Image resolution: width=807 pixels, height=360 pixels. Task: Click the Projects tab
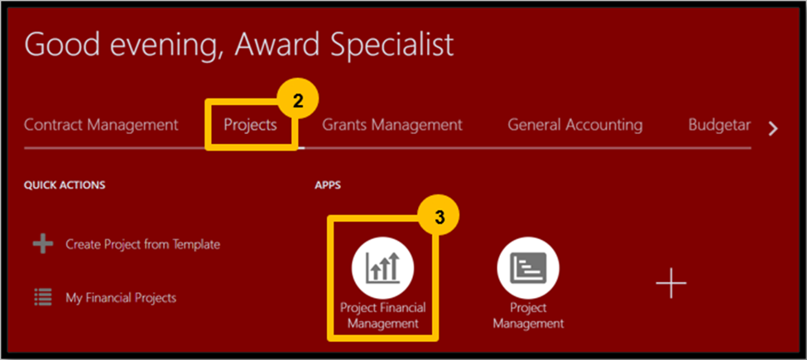[x=250, y=126]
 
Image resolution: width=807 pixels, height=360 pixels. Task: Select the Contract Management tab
[x=101, y=124]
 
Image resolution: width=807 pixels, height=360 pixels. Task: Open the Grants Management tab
[x=392, y=125]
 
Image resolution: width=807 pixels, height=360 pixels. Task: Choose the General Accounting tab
[x=575, y=125]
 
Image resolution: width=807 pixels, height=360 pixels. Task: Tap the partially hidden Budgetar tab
[x=720, y=125]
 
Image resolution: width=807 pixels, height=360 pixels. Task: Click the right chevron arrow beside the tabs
[x=773, y=129]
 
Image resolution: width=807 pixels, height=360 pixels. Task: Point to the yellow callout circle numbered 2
[x=298, y=101]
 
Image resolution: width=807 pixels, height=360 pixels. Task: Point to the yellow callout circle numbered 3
[x=439, y=217]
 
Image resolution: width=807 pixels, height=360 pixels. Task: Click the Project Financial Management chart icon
[x=383, y=268]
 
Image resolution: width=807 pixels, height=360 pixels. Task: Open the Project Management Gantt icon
[x=528, y=268]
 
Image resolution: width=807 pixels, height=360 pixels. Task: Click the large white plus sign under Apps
[x=671, y=282]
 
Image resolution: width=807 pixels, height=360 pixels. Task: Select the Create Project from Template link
[x=142, y=244]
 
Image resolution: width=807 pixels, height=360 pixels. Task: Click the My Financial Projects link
[x=121, y=298]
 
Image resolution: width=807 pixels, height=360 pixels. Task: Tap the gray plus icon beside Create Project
[x=43, y=244]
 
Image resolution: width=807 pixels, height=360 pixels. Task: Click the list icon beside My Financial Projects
[x=43, y=297]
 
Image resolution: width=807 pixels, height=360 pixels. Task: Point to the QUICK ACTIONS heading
[x=65, y=185]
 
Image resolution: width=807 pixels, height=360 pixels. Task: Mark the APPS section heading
[x=328, y=185]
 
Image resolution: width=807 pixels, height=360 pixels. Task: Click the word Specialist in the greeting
[x=391, y=46]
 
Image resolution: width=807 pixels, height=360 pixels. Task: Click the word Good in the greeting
[x=61, y=45]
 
